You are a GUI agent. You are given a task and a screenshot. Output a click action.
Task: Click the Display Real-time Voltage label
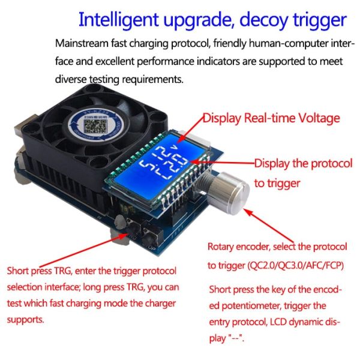[271, 118]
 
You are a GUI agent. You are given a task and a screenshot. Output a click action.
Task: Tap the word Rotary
[221, 247]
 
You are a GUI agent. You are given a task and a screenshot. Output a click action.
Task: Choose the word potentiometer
[247, 305]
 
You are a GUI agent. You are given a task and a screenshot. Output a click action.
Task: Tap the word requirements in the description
[150, 79]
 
